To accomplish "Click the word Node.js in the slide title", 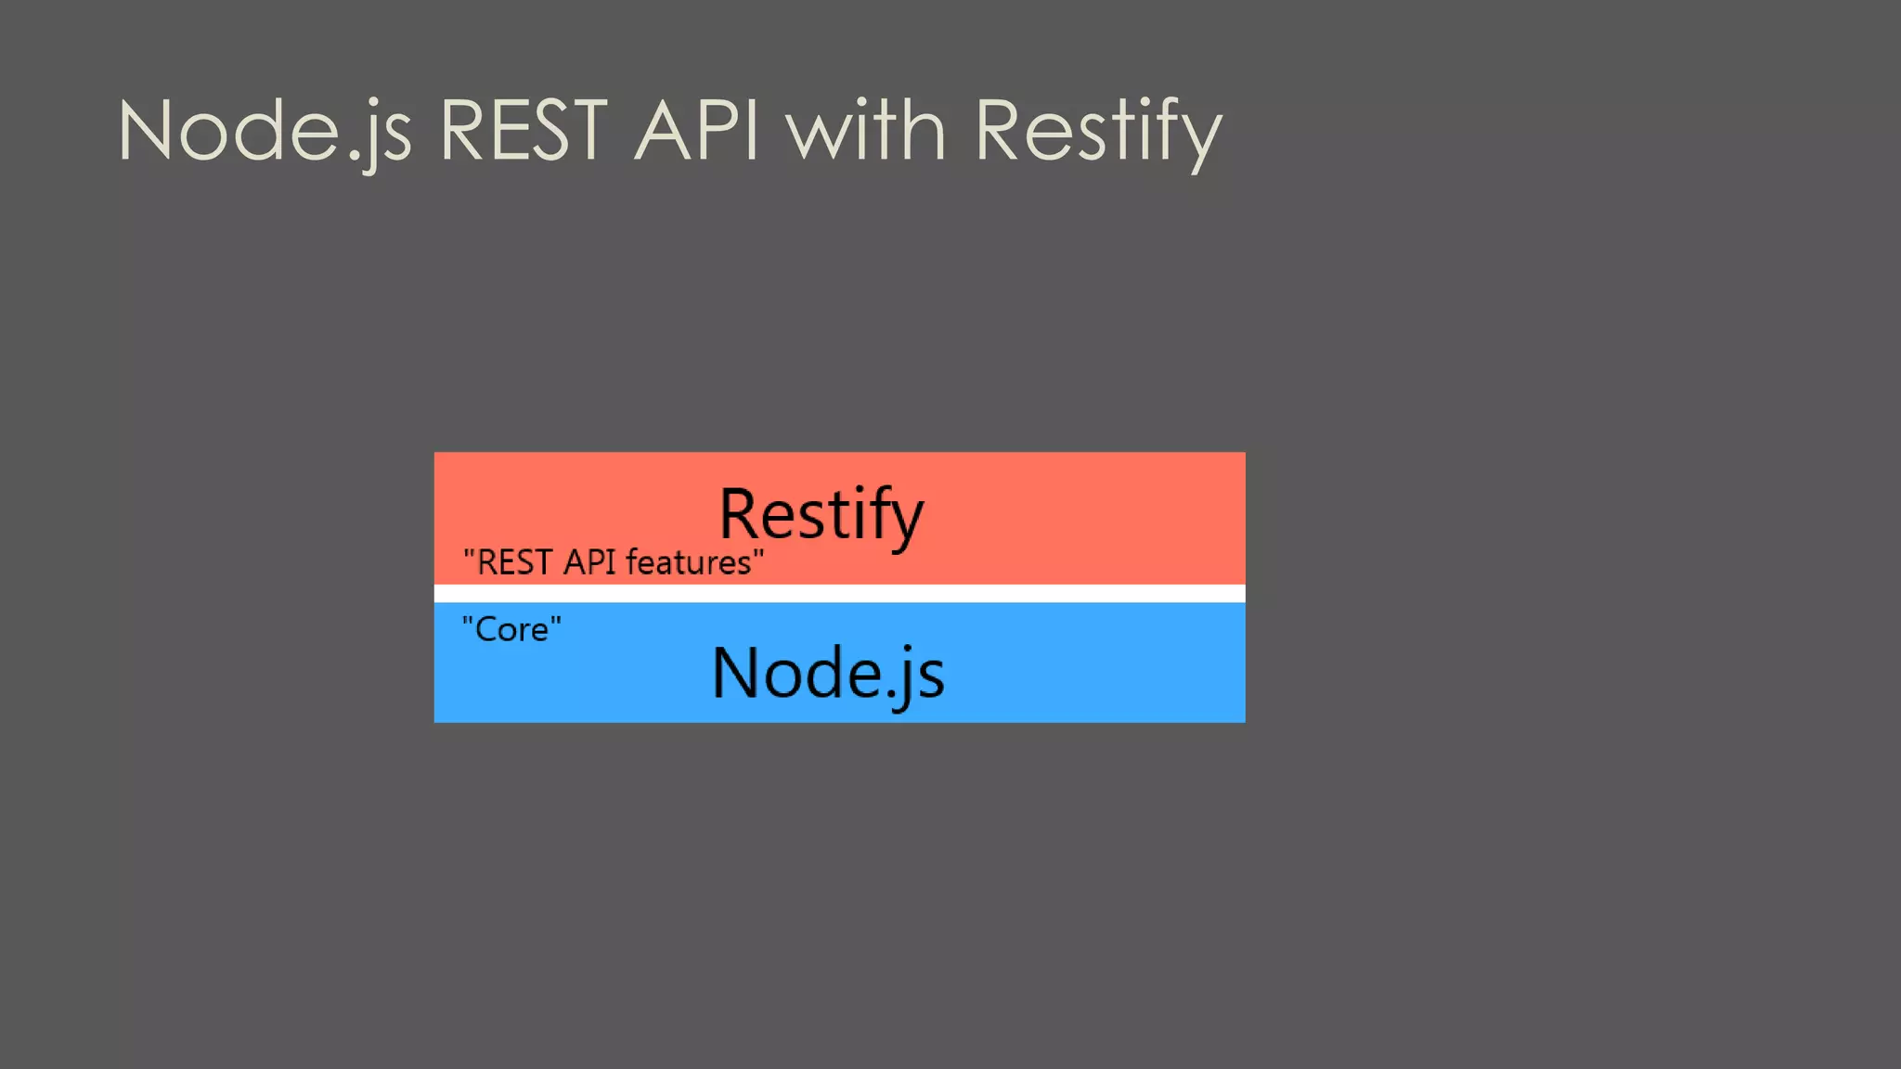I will [265, 132].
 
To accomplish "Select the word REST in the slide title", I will [524, 132].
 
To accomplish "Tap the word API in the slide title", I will [696, 132].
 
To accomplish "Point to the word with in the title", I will [866, 132].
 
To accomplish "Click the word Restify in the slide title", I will [1098, 132].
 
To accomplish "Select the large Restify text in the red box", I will [821, 514].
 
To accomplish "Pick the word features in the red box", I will [688, 562].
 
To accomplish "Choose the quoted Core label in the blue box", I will [511, 629].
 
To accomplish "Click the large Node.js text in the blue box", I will [828, 673].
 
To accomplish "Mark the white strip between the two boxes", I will [839, 593].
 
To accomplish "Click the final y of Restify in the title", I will [1199, 139].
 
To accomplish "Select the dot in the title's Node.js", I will [355, 160].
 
